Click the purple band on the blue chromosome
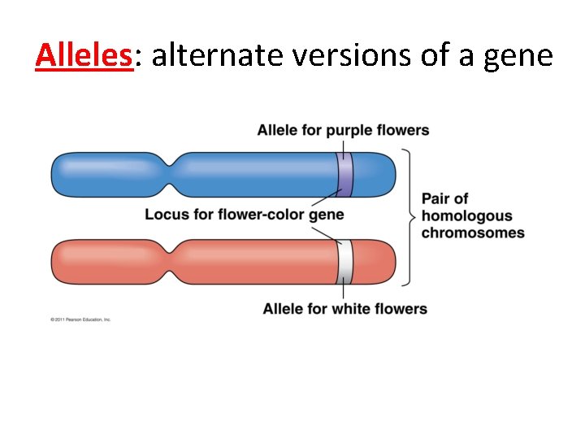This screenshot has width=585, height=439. pyautogui.click(x=344, y=174)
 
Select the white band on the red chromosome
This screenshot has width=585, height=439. pyautogui.click(x=344, y=262)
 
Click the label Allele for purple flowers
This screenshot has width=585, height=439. pyautogui.click(x=343, y=130)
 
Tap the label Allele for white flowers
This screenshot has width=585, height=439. pyautogui.click(x=344, y=309)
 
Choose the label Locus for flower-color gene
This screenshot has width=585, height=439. pyautogui.click(x=244, y=215)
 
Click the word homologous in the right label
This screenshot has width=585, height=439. pyautogui.click(x=466, y=215)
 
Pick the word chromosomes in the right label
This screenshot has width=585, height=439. pyautogui.click(x=473, y=233)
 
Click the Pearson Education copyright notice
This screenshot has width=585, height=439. pyautogui.click(x=80, y=319)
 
